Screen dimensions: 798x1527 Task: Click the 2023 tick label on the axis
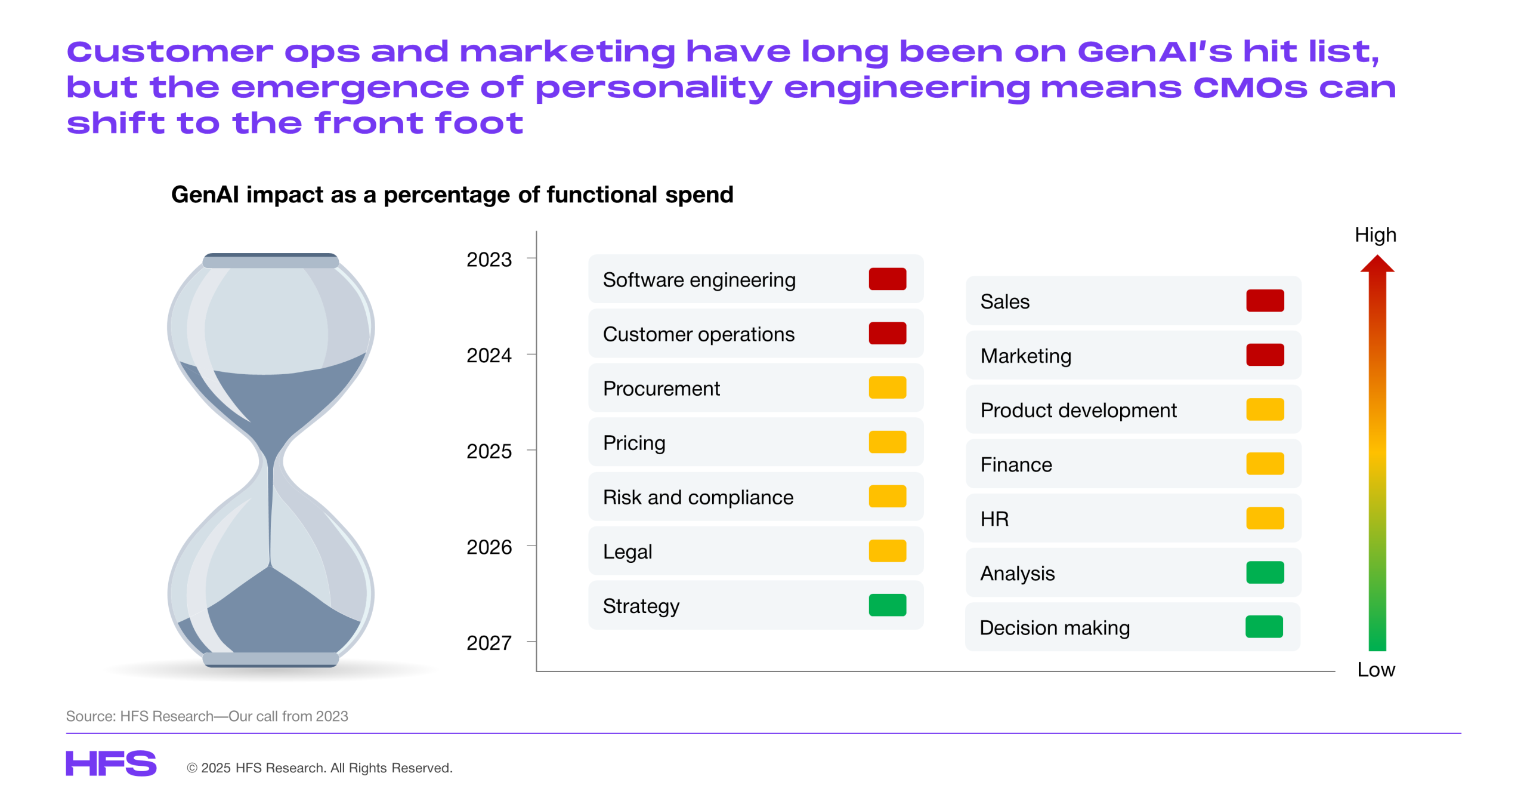(489, 260)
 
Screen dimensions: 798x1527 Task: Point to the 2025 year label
(489, 451)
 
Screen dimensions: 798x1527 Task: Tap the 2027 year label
(489, 643)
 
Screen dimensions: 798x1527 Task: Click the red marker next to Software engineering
(887, 279)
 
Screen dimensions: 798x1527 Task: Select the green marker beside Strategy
(887, 605)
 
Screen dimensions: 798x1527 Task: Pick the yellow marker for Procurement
(887, 388)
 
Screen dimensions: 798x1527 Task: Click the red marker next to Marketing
(1265, 355)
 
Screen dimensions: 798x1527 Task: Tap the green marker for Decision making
(1264, 627)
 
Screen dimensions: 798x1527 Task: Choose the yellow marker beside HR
(1265, 518)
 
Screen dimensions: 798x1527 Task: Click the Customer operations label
(698, 334)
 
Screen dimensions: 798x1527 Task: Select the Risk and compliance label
(698, 497)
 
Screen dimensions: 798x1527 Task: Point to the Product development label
(1078, 410)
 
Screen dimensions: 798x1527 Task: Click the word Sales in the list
(1004, 301)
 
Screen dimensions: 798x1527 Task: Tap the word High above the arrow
(1375, 235)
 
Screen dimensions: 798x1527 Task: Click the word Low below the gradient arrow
(1375, 670)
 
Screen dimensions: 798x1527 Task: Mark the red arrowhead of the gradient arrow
(1377, 264)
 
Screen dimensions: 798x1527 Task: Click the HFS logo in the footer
(111, 763)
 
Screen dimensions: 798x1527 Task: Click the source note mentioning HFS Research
(206, 716)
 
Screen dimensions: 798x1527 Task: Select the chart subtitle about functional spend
(452, 195)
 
